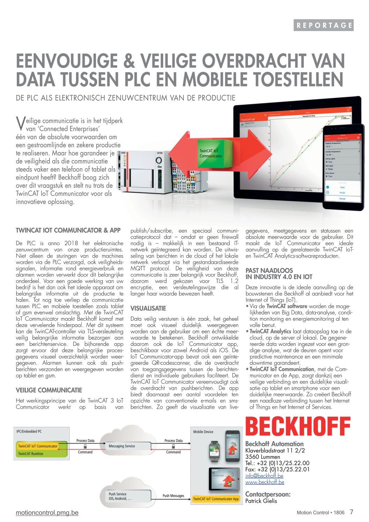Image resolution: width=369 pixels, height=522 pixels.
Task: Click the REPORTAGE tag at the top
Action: coord(323,25)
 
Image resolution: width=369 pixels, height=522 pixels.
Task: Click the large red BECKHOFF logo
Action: coord(298,426)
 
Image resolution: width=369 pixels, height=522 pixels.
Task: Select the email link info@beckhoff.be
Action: coord(264,476)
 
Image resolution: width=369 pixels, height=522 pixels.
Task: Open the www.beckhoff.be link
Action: coord(265,482)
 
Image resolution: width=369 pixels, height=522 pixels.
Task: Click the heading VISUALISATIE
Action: coord(148,308)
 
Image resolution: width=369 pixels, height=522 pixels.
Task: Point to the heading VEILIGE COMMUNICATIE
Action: coord(49,390)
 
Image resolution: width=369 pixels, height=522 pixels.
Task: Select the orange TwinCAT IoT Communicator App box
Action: coord(216,499)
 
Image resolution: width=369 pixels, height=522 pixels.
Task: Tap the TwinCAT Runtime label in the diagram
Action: coord(31,454)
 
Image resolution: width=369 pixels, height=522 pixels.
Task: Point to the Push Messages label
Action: coord(173,495)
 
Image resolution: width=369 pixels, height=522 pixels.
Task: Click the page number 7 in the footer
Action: coord(351,512)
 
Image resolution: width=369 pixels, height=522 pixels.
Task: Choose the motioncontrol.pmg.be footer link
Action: coord(47,513)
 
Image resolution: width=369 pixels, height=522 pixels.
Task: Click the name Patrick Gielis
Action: coord(261,501)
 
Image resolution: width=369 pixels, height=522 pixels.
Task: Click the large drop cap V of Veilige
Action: coord(20,122)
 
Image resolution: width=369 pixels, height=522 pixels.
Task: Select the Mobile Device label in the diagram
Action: coord(203,432)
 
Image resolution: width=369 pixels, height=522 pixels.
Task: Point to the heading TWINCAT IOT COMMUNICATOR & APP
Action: coord(68,230)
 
